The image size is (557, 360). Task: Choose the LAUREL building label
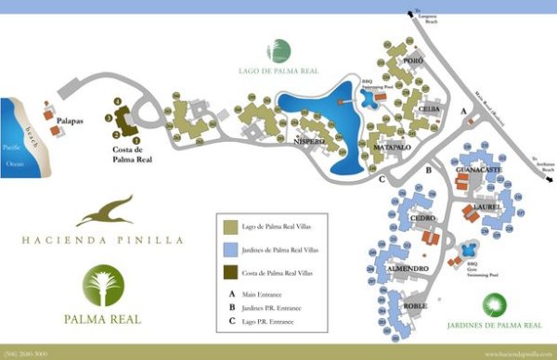(486, 206)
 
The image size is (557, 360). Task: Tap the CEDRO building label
(422, 219)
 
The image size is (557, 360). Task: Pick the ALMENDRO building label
(407, 267)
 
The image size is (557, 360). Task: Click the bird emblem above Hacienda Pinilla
(103, 211)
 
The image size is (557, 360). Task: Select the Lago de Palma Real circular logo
(278, 51)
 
